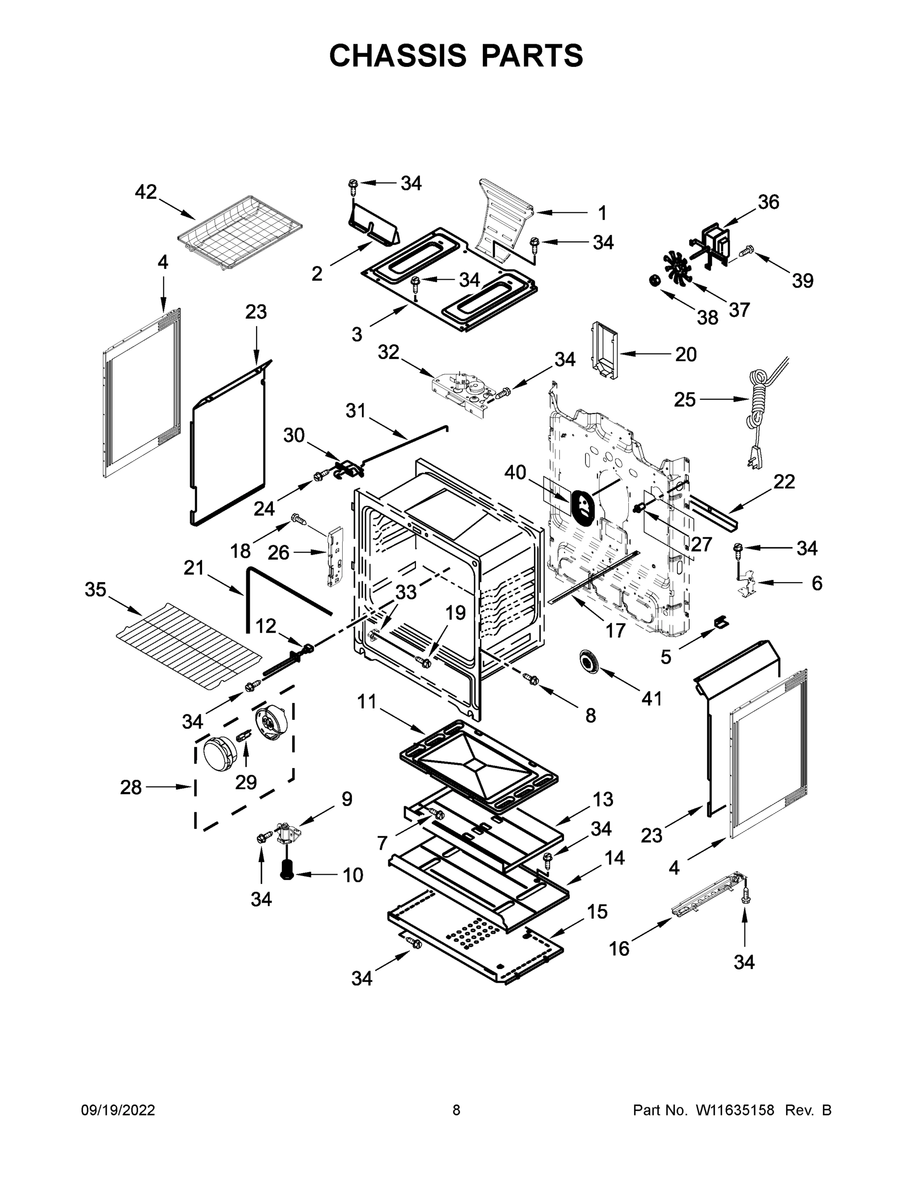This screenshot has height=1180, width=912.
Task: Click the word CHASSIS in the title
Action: click(398, 56)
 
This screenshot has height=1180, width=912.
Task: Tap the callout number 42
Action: click(146, 192)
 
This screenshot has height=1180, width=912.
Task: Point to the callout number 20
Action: click(686, 354)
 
